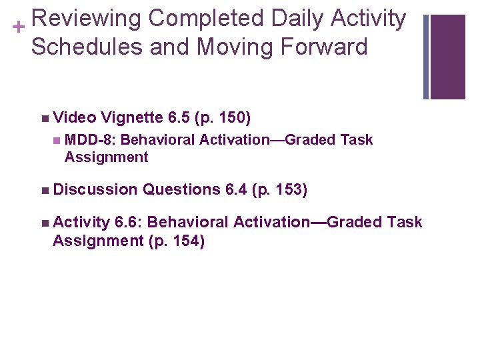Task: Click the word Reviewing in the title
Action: [85, 19]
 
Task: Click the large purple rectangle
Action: [447, 57]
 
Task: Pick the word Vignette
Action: [133, 119]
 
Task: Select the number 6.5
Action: [179, 119]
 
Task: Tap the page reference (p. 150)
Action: [223, 119]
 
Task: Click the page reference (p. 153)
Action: [279, 191]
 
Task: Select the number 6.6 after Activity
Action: [127, 222]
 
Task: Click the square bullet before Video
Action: [44, 119]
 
